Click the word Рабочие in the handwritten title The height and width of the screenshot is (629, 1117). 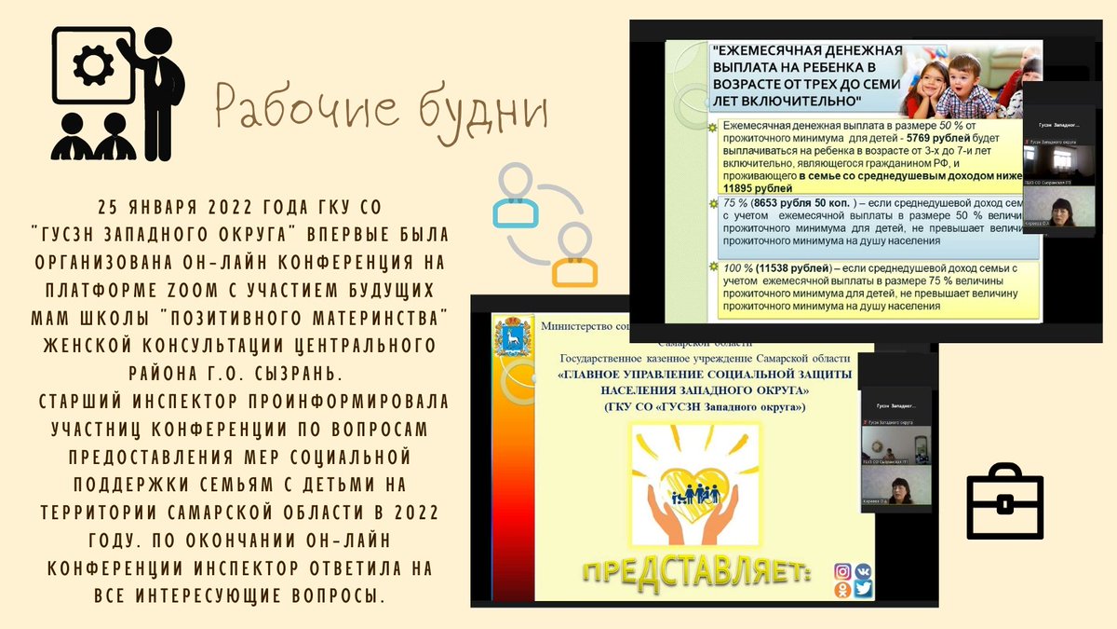click(289, 105)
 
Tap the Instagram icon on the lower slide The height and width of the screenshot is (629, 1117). click(842, 571)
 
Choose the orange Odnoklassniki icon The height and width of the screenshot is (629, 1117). click(842, 590)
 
